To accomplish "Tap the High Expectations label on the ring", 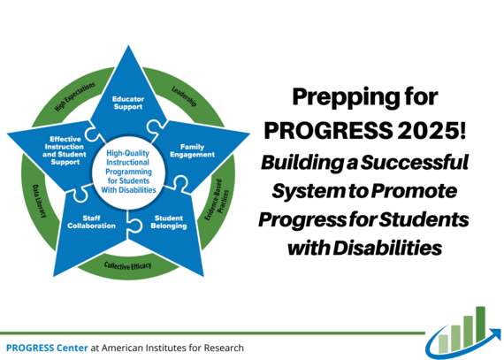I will click(74, 100).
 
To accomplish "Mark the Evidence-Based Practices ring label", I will click(221, 203).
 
